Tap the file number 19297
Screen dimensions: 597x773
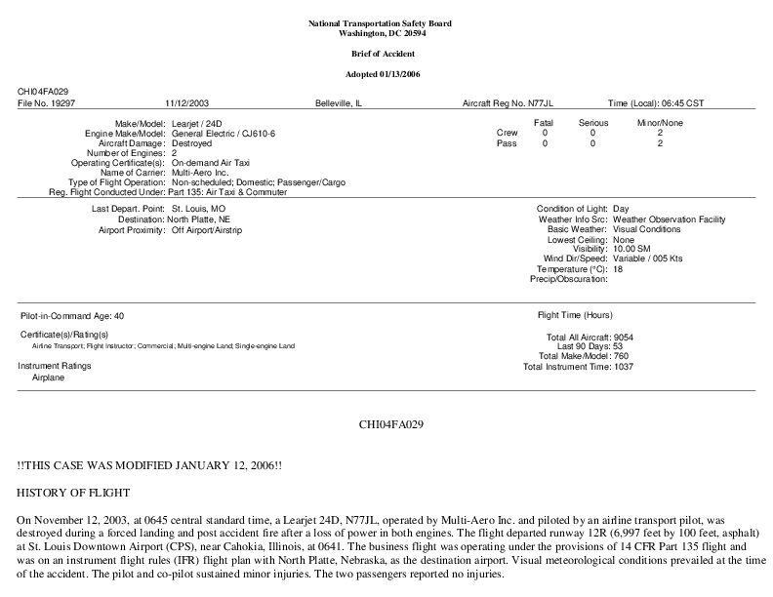pyautogui.click(x=61, y=101)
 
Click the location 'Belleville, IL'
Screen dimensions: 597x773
pyautogui.click(x=339, y=101)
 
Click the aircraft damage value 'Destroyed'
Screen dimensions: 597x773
pyautogui.click(x=191, y=142)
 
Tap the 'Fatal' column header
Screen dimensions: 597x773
pyautogui.click(x=544, y=123)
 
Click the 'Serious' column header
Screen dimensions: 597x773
pyautogui.click(x=592, y=123)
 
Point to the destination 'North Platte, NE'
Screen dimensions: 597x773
pyautogui.click(x=203, y=219)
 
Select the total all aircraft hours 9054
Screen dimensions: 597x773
pyautogui.click(x=618, y=338)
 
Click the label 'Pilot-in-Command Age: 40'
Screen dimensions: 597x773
pyautogui.click(x=72, y=317)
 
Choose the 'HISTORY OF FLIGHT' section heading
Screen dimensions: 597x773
pyautogui.click(x=73, y=492)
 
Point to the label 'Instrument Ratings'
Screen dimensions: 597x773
pyautogui.click(x=55, y=366)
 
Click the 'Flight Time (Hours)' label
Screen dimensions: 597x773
pyautogui.click(x=575, y=316)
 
